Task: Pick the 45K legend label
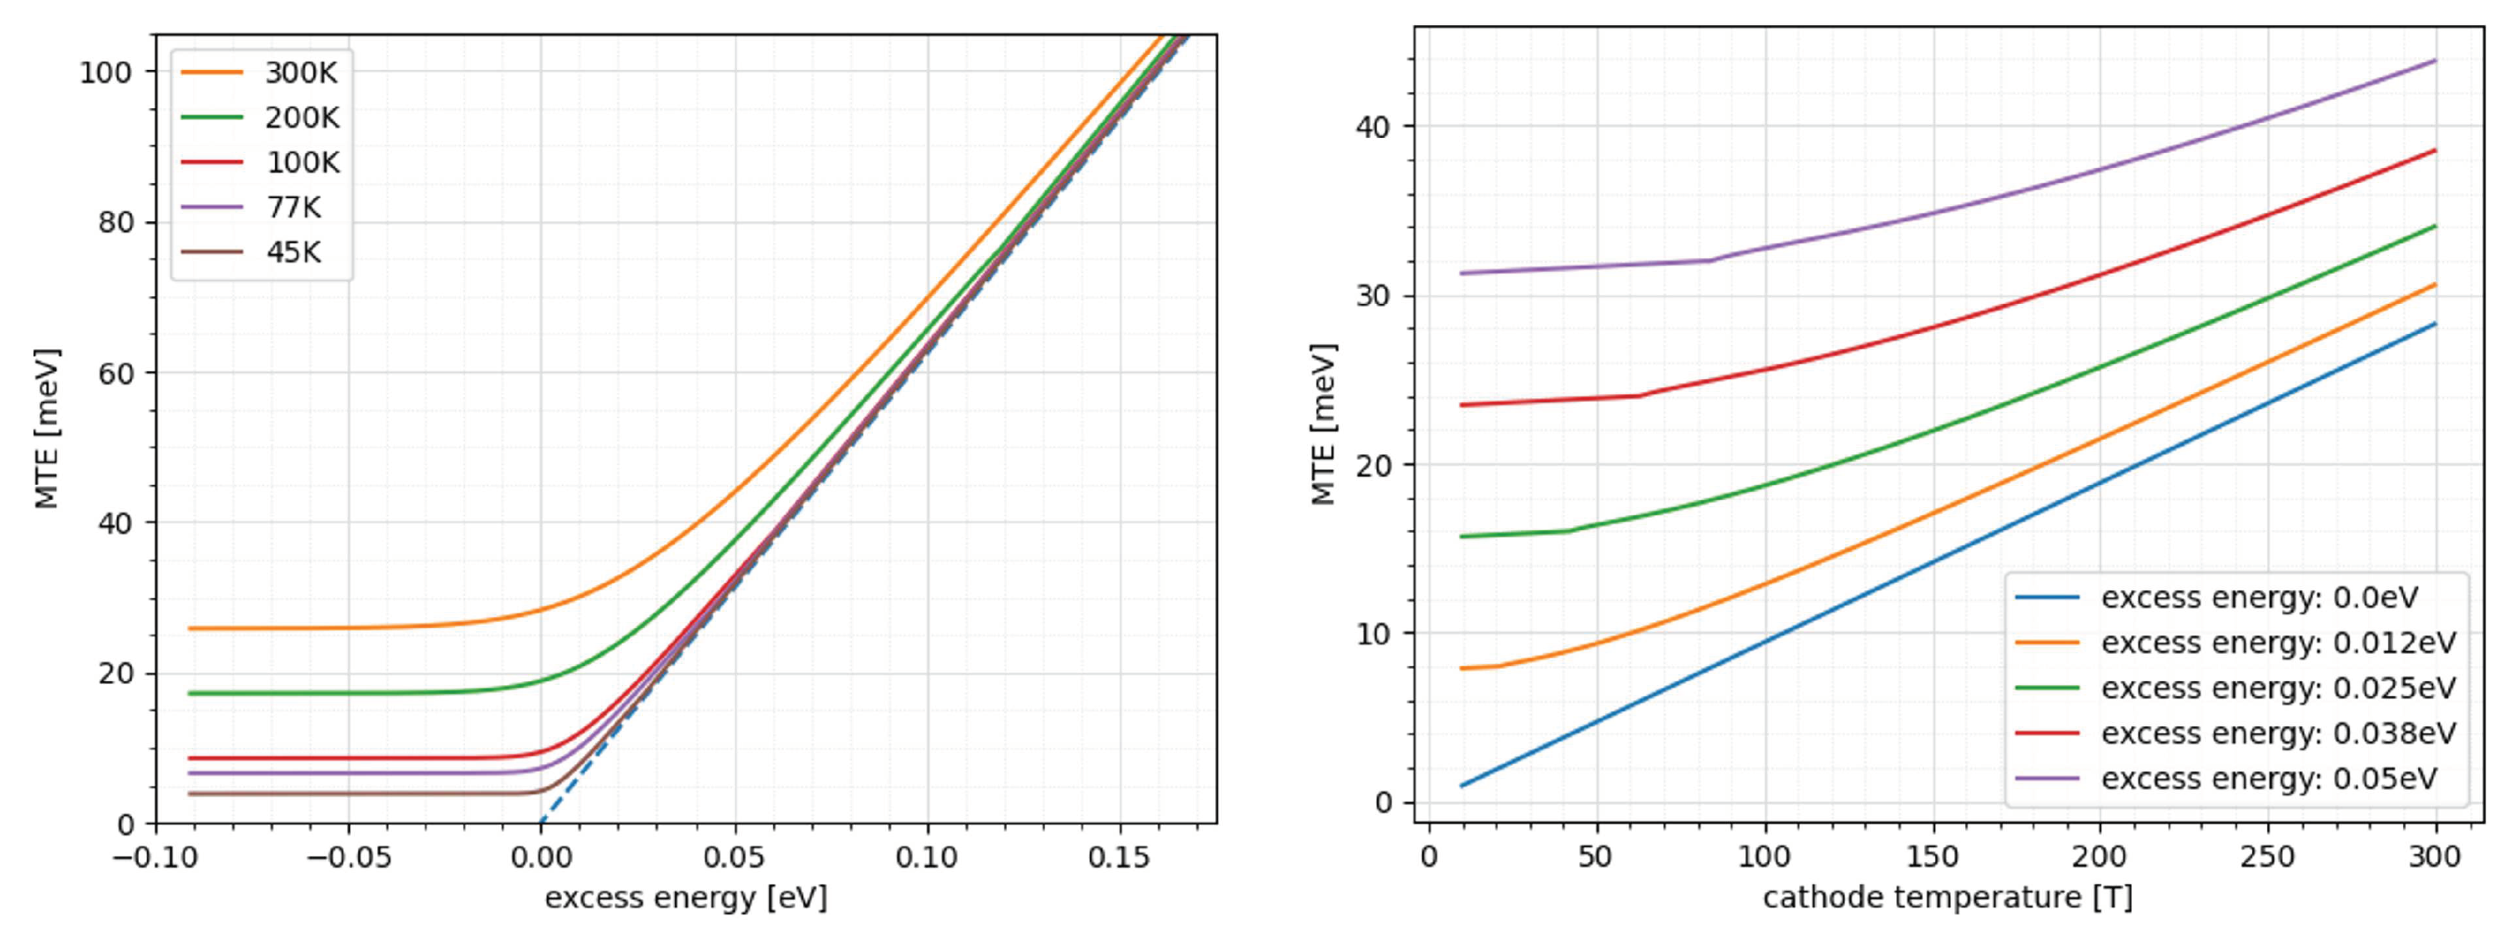click(293, 253)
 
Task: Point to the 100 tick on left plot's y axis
click(104, 72)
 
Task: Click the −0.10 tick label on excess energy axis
click(156, 858)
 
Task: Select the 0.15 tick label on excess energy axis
click(1118, 858)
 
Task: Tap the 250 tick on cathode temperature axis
click(2267, 858)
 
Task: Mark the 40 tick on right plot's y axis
click(1373, 127)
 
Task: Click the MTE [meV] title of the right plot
click(1324, 424)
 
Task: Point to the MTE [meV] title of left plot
click(47, 428)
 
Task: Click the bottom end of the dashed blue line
click(541, 823)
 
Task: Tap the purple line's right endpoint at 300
click(2435, 60)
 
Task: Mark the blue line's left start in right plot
click(1461, 786)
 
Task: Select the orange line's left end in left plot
click(188, 629)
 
